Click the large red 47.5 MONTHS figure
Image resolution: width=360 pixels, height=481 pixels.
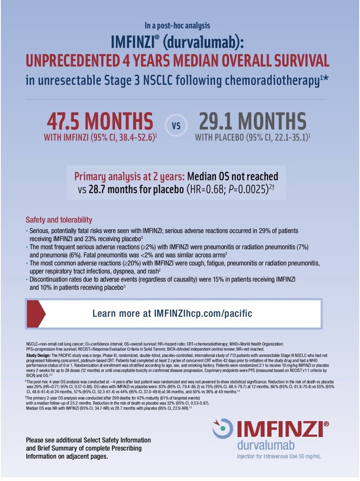point(100,121)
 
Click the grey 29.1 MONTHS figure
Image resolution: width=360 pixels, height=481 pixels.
point(252,121)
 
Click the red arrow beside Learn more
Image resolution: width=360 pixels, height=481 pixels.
point(36,313)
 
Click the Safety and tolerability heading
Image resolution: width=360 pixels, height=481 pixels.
point(59,220)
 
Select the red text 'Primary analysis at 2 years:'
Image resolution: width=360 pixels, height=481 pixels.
point(129,177)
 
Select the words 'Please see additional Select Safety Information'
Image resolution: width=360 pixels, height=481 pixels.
point(88,440)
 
